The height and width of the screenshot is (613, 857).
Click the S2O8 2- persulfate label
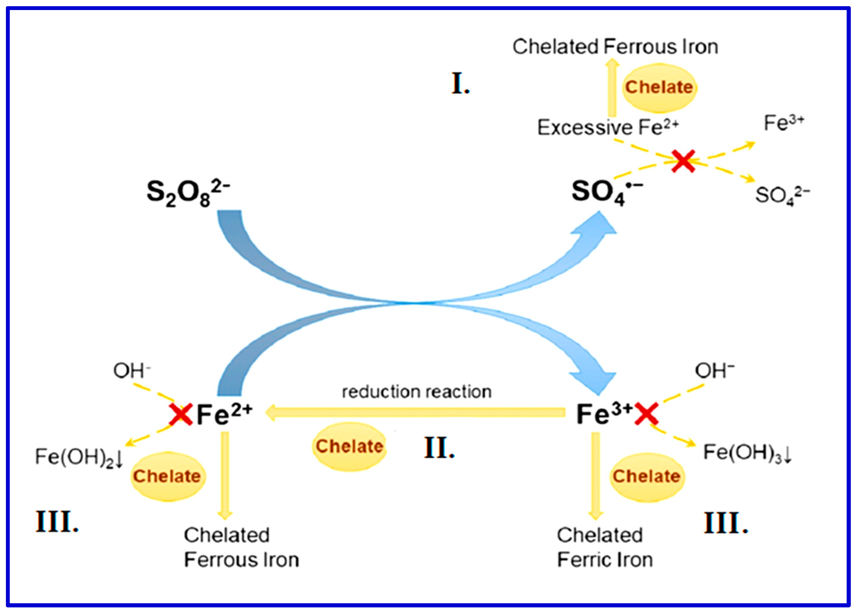point(188,193)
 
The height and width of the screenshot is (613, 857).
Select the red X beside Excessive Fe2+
point(683,161)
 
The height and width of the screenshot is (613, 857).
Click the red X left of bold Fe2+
point(181,414)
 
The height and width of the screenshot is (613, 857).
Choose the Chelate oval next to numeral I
point(659,88)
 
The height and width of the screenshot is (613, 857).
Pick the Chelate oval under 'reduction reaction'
point(349,446)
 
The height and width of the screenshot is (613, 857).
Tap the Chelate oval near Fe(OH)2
point(167,476)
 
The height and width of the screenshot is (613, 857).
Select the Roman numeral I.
point(460,84)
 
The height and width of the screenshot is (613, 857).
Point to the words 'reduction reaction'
point(417,392)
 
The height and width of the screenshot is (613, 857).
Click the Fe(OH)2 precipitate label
point(79,457)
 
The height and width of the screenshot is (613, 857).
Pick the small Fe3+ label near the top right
point(784,123)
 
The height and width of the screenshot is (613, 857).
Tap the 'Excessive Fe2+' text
point(608,127)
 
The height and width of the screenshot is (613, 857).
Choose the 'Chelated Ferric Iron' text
point(605,547)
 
